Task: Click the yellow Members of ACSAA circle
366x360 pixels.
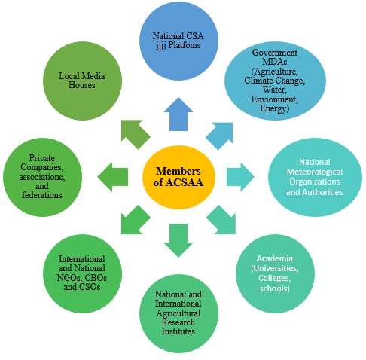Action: [x=178, y=177]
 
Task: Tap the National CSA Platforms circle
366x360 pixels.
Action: [x=178, y=41]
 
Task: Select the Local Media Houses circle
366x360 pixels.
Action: [x=82, y=81]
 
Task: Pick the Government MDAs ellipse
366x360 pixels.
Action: [x=275, y=81]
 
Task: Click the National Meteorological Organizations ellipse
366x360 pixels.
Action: [x=315, y=177]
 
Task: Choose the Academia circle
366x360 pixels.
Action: [x=275, y=273]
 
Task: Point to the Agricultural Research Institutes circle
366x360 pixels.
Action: [x=178, y=313]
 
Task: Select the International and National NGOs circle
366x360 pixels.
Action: [x=82, y=273]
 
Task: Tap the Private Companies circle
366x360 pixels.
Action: [x=42, y=177]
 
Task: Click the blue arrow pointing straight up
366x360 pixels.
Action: [x=178, y=114]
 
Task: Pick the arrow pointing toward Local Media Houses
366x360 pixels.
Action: [x=135, y=133]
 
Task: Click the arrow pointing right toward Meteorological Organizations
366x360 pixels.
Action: [x=240, y=177]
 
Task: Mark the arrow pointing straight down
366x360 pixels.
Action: [x=178, y=240]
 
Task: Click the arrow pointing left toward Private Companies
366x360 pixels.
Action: [x=113, y=177]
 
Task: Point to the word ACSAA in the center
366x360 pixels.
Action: [x=184, y=182]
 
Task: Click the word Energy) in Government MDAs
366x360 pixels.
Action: [x=275, y=109]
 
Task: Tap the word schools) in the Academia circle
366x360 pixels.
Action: [x=275, y=288]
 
